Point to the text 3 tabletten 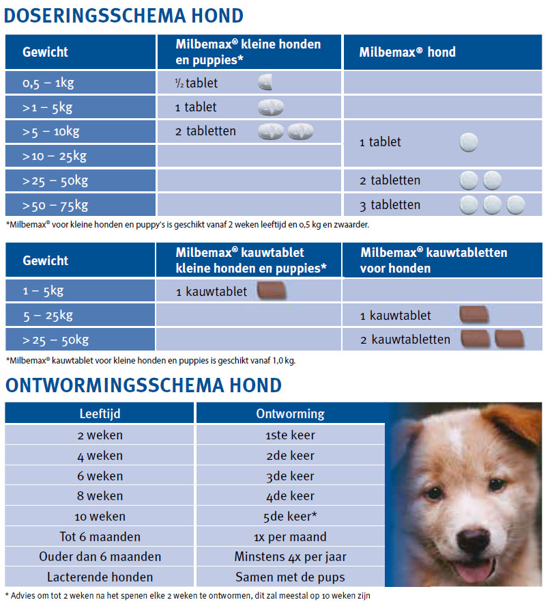[390, 205]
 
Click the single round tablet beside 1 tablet [469, 142]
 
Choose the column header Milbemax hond [408, 52]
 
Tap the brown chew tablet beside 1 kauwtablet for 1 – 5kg [272, 292]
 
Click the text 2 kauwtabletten [405, 340]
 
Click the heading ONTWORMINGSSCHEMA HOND [143, 385]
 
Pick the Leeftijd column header [100, 413]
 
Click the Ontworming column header [290, 413]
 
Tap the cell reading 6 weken [100, 476]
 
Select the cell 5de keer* [290, 517]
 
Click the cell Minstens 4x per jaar [290, 557]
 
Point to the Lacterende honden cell [100, 577]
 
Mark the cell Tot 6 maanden [100, 536]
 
